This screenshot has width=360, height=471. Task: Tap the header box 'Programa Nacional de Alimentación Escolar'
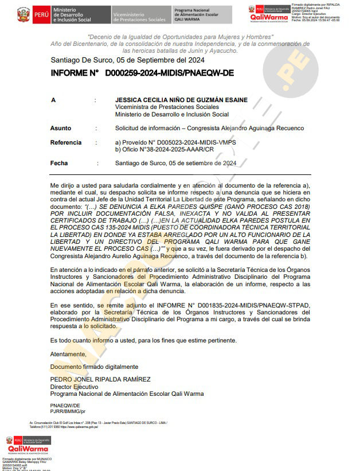click(201, 15)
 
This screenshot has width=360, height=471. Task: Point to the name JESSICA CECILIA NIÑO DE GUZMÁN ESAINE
click(181, 100)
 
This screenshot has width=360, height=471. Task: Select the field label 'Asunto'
click(61, 129)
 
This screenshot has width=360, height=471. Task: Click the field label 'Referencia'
click(66, 142)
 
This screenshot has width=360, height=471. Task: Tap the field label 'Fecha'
click(59, 164)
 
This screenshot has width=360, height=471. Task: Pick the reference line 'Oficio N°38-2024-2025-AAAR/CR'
click(165, 149)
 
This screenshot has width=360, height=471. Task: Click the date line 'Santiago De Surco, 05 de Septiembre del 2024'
click(127, 60)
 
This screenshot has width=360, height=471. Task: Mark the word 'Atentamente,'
click(68, 354)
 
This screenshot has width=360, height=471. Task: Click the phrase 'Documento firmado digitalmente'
click(94, 367)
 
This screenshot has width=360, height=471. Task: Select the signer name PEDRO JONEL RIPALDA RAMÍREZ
click(100, 380)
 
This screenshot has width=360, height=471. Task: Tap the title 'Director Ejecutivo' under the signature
click(74, 387)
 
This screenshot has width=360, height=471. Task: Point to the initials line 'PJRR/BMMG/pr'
click(68, 411)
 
